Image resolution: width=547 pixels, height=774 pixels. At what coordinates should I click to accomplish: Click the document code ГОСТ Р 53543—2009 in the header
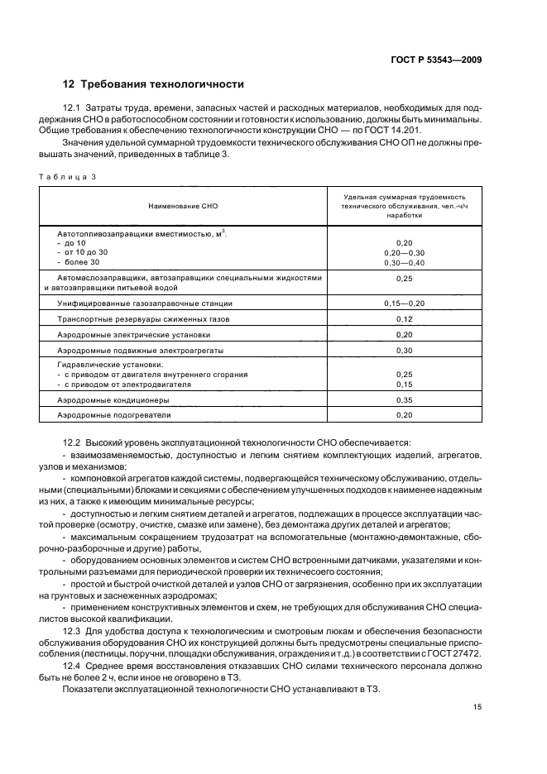437,60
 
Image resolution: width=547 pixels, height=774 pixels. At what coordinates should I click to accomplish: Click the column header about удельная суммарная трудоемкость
405,206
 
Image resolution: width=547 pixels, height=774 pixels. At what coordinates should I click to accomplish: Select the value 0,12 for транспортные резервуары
405,318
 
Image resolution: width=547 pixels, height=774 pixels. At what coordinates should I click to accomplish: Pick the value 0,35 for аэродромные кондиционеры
405,399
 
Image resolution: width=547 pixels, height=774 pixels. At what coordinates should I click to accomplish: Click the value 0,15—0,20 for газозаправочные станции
405,303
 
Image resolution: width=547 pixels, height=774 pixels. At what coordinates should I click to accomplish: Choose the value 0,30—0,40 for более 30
405,262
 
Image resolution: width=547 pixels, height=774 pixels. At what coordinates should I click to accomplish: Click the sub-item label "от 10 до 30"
86,252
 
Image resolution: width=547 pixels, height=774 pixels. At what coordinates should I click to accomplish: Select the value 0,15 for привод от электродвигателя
405,384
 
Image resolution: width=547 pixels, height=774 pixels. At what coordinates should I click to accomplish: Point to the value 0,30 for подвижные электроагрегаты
405,351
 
